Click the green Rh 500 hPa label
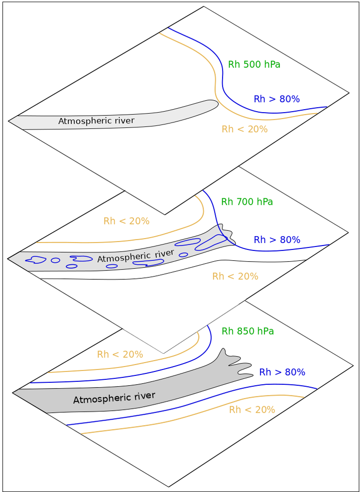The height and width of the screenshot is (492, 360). click(254, 64)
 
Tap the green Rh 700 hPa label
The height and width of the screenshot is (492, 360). click(247, 202)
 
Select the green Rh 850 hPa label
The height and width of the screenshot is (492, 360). click(248, 331)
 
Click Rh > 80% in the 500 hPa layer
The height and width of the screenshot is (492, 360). click(276, 99)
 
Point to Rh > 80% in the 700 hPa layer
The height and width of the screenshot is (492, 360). click(276, 240)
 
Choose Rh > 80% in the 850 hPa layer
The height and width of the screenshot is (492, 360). click(282, 372)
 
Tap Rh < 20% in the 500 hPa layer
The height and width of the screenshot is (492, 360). click(244, 129)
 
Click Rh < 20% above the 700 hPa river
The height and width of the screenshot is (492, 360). click(126, 221)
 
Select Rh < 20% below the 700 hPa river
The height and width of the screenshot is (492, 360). click(235, 277)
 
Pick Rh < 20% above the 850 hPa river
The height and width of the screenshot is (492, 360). click(120, 354)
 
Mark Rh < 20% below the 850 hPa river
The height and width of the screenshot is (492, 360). click(252, 410)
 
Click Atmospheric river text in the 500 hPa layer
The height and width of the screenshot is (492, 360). click(96, 121)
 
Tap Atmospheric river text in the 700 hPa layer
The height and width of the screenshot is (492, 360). click(135, 256)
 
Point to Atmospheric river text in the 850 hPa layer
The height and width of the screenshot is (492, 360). click(114, 398)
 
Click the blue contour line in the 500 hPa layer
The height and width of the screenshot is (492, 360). click(223, 84)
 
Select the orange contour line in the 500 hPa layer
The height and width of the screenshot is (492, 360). click(215, 89)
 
